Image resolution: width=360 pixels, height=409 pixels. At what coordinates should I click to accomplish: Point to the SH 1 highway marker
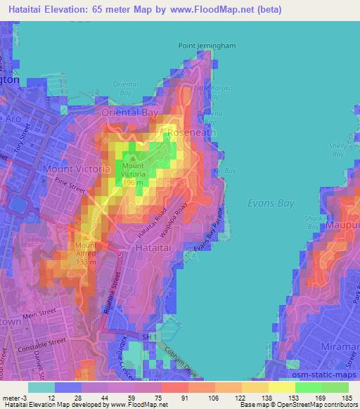click(x=148, y=339)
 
